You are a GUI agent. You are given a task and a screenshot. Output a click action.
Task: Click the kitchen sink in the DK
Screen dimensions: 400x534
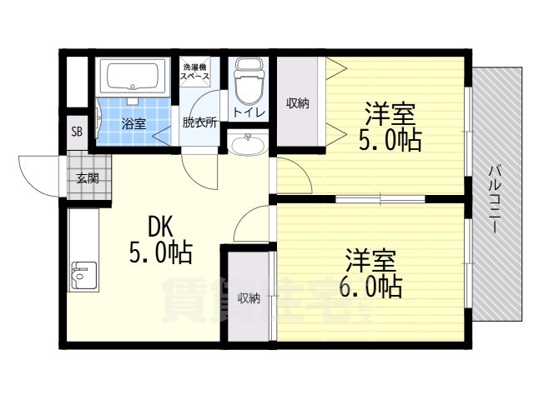pyautogui.click(x=83, y=273)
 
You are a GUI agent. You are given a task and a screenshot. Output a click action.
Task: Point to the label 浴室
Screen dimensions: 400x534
pyautogui.click(x=133, y=124)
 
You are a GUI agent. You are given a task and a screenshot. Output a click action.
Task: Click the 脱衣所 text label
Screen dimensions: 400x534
pyautogui.click(x=199, y=122)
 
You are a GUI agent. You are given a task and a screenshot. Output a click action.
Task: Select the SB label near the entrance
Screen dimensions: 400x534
pyautogui.click(x=77, y=132)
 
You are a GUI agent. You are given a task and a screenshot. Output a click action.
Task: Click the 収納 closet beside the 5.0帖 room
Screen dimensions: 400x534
pyautogui.click(x=298, y=103)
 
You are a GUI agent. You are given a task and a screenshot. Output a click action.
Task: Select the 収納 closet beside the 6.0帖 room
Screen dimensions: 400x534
pyautogui.click(x=247, y=298)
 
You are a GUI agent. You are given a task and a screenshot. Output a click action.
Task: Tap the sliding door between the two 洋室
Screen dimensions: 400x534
pyautogui.click(x=380, y=199)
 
